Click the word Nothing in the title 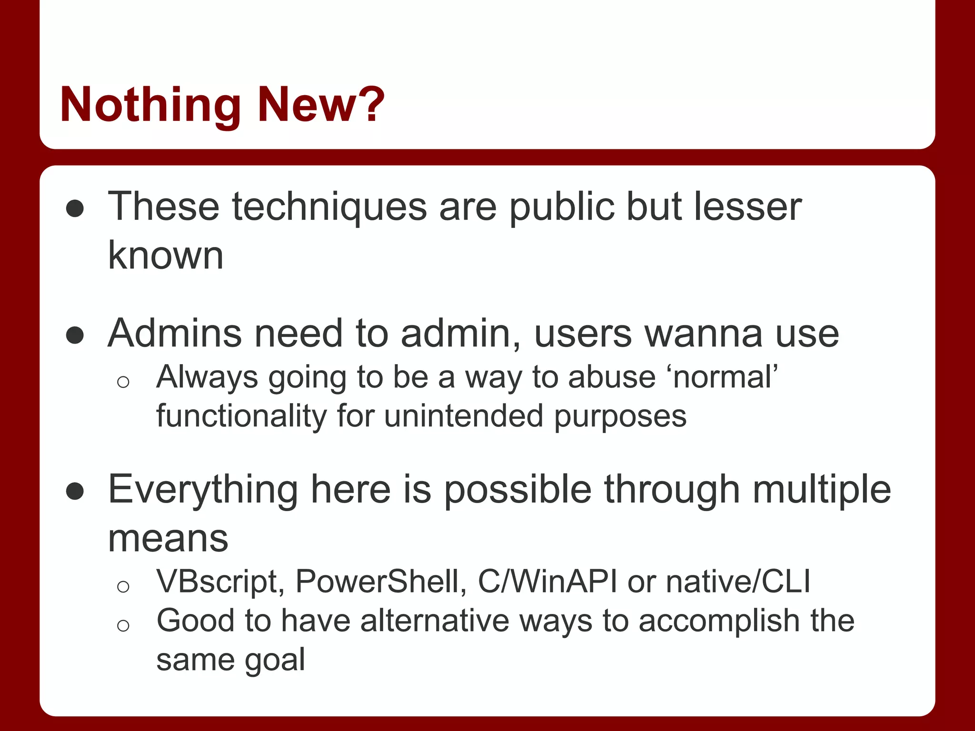[x=150, y=105]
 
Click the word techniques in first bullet [x=329, y=207]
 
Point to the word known [x=165, y=256]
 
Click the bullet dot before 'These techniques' [x=75, y=209]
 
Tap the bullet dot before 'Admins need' [x=75, y=335]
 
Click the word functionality [x=241, y=416]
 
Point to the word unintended [x=463, y=416]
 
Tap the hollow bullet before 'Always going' [x=123, y=382]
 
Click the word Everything [x=203, y=490]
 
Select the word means [x=168, y=539]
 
